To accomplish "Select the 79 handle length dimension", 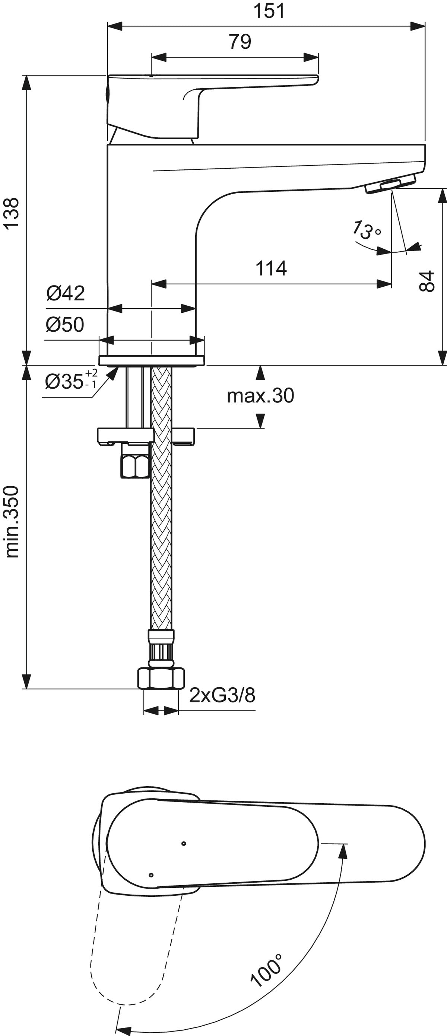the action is click(240, 41).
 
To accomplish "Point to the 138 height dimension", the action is click(13, 212).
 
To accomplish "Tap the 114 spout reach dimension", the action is click(271, 268).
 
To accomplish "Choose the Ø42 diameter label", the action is click(66, 293).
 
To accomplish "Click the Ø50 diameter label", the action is click(65, 324).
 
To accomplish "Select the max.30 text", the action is click(260, 396).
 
